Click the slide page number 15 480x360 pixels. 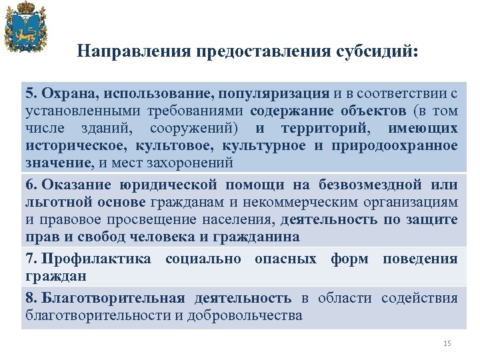[447, 343]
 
